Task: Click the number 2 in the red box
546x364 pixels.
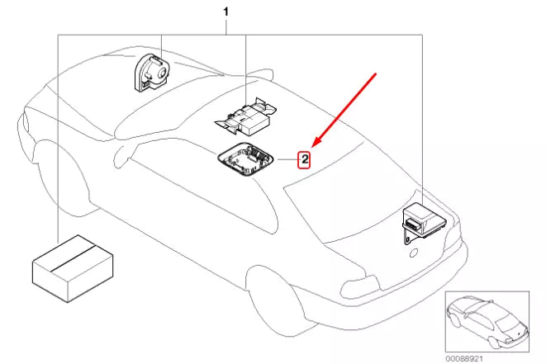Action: [304, 159]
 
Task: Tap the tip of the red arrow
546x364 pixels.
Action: [313, 145]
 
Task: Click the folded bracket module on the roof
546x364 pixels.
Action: [245, 115]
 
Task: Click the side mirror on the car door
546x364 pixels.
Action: [124, 153]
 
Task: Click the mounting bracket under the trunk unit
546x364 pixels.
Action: [406, 236]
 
